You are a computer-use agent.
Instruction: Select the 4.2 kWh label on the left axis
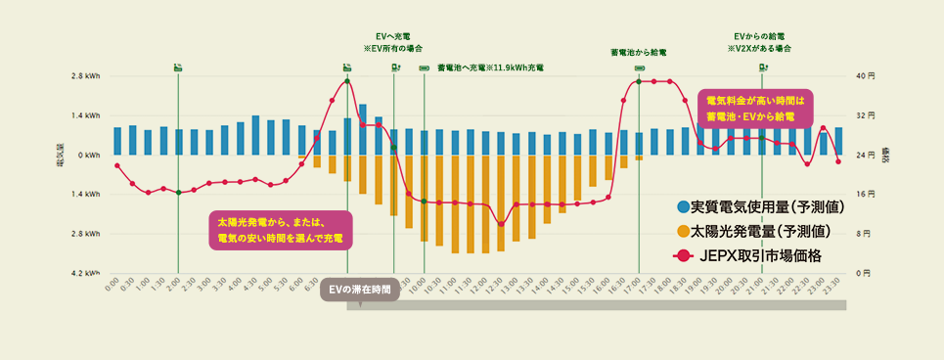click(86, 273)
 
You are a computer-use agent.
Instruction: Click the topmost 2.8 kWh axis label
click(86, 75)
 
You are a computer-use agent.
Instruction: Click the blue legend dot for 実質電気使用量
click(683, 207)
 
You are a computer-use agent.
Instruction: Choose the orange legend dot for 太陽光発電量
click(683, 232)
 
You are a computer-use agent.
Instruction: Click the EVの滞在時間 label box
click(361, 290)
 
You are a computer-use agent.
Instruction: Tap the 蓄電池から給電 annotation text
click(638, 52)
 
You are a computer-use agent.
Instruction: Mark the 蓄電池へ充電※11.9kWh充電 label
click(490, 67)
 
